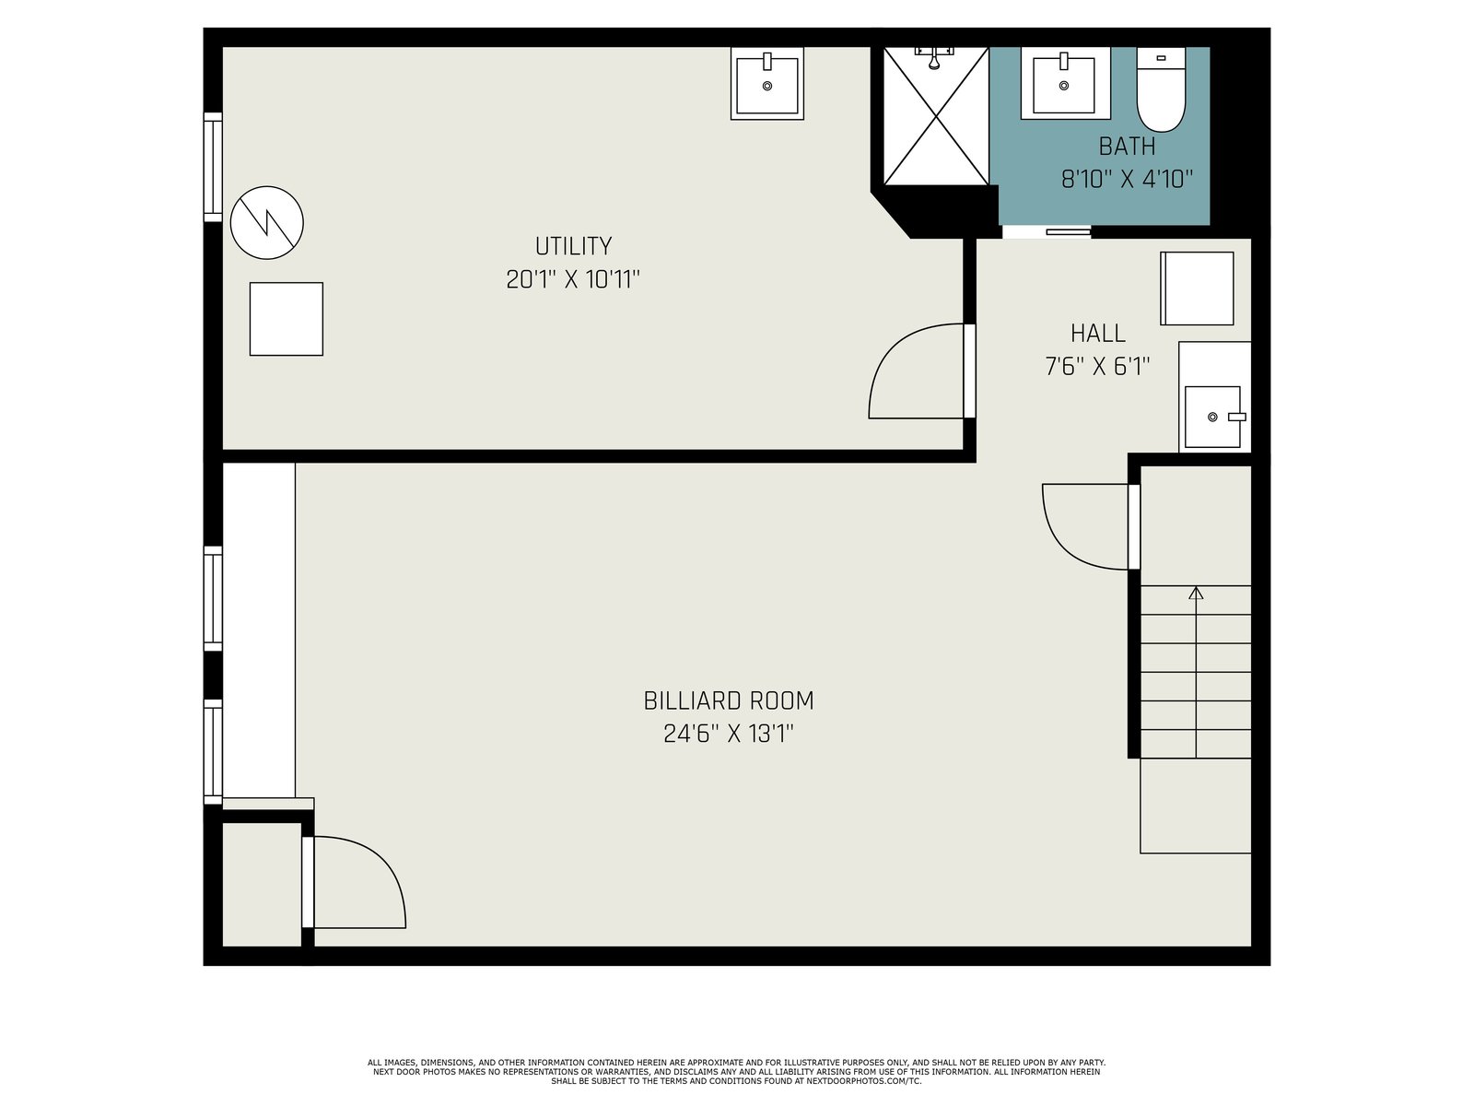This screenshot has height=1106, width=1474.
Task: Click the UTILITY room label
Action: [x=573, y=246]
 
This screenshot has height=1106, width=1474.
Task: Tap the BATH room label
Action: [x=1126, y=147]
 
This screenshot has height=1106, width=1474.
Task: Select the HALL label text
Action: [x=1097, y=333]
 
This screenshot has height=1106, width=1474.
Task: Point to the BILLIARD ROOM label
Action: [x=728, y=701]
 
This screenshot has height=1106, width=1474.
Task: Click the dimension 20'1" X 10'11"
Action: [x=573, y=279]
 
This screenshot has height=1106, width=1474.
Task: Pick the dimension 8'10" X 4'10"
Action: [x=1126, y=180]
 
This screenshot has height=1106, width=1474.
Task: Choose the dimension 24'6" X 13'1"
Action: [x=728, y=734]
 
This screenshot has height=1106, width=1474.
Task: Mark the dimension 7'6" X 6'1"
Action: [x=1097, y=366]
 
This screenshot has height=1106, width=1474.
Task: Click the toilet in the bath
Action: [x=1161, y=90]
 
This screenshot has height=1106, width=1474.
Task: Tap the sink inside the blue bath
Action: [x=1064, y=83]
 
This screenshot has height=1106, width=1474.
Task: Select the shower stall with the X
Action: [x=936, y=115]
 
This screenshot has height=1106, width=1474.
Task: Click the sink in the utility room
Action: [x=766, y=83]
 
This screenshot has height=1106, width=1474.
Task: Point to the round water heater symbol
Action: [x=266, y=222]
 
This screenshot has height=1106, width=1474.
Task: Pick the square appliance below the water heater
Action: [x=287, y=319]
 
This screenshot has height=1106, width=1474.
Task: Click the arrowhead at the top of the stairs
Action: [x=1195, y=593]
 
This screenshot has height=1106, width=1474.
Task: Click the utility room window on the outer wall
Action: [x=213, y=167]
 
